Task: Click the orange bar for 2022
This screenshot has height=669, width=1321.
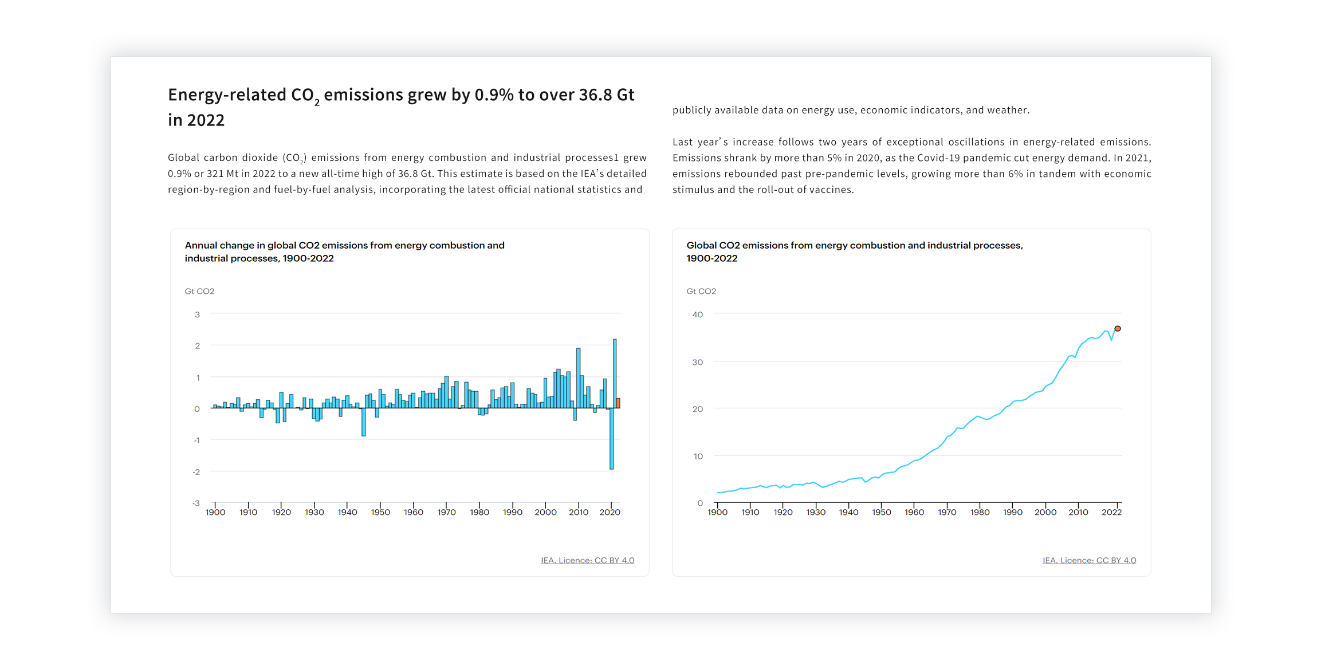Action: click(x=618, y=403)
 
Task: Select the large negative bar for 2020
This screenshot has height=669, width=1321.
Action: click(x=611, y=439)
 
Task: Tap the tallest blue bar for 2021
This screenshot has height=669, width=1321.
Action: click(x=615, y=373)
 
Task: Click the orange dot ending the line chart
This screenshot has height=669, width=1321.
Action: click(x=1117, y=329)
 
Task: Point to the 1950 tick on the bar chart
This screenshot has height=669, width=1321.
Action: click(x=380, y=505)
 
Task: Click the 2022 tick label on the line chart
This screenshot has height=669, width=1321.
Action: click(x=1111, y=512)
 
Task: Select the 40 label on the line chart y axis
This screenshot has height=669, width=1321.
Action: click(x=697, y=314)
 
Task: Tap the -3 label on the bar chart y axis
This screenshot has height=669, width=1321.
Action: click(x=196, y=503)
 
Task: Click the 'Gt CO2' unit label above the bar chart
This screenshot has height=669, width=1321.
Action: click(x=199, y=291)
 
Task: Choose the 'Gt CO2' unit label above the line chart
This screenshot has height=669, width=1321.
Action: click(x=701, y=291)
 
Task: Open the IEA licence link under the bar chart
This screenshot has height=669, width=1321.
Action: click(x=588, y=560)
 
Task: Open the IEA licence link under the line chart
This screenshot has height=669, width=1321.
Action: click(x=1090, y=560)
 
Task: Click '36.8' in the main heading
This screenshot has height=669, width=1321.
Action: click(x=595, y=95)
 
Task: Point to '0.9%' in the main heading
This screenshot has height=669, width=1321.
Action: click(x=494, y=95)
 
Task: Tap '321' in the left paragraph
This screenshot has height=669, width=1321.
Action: click(x=215, y=174)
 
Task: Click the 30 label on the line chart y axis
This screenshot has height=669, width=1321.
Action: click(x=697, y=362)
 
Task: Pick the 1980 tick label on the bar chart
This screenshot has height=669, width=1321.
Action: click(x=479, y=512)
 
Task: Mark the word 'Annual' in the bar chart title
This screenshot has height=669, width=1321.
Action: click(x=201, y=245)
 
